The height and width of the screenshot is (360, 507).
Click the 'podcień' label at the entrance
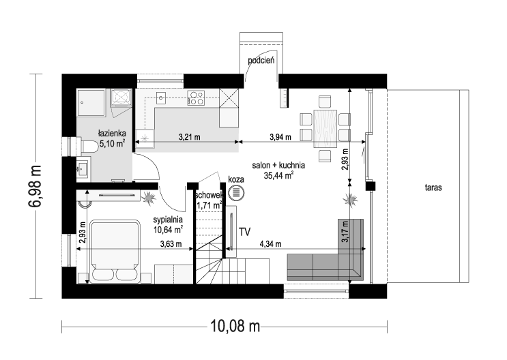(x=261, y=61)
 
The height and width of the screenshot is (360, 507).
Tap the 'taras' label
(x=433, y=187)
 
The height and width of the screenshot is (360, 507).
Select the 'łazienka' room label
(x=112, y=133)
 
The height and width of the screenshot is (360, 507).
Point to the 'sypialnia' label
(x=168, y=220)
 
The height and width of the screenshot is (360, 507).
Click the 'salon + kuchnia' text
(x=278, y=166)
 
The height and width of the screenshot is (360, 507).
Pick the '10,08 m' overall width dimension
(x=235, y=326)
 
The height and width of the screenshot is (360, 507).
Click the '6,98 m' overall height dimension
(x=35, y=185)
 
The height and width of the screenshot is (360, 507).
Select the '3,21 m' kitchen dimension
(x=190, y=137)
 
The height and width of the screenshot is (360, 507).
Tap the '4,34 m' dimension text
(x=270, y=244)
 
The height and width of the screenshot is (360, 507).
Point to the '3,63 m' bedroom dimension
(x=171, y=244)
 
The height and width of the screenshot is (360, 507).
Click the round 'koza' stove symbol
(x=236, y=193)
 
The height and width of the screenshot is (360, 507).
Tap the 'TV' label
(x=245, y=232)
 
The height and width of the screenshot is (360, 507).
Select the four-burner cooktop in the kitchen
(x=196, y=97)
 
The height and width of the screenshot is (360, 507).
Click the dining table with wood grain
(x=325, y=129)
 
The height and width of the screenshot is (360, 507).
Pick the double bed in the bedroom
(x=115, y=252)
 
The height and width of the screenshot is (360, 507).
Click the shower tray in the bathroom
(x=91, y=102)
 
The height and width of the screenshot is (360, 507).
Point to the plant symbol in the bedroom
(x=149, y=198)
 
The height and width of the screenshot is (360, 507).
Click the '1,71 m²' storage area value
(x=209, y=205)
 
